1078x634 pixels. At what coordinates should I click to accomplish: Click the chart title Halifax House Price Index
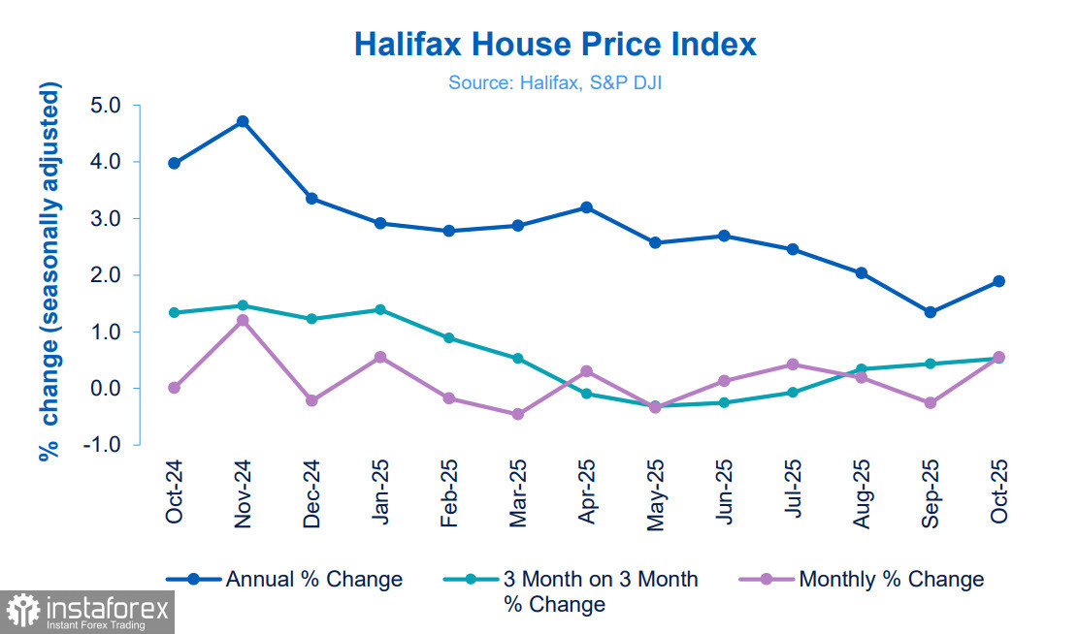[x=554, y=45]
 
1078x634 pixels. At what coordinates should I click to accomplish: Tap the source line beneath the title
[x=554, y=83]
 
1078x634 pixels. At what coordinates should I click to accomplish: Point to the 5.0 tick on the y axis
[x=109, y=106]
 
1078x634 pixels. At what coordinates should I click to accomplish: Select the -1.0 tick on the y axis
[x=106, y=445]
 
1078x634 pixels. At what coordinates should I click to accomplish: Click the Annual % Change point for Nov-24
[x=243, y=122]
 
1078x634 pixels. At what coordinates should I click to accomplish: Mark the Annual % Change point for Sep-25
[x=930, y=312]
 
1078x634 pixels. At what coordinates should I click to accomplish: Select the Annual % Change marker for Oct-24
[x=174, y=163]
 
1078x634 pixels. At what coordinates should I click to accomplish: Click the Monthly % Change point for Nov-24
[x=243, y=320]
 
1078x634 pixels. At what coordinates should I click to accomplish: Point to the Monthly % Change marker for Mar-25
[x=517, y=414]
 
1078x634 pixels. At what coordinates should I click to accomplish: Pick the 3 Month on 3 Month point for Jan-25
[x=379, y=309]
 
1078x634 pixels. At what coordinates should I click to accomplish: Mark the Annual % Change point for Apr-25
[x=586, y=207]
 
